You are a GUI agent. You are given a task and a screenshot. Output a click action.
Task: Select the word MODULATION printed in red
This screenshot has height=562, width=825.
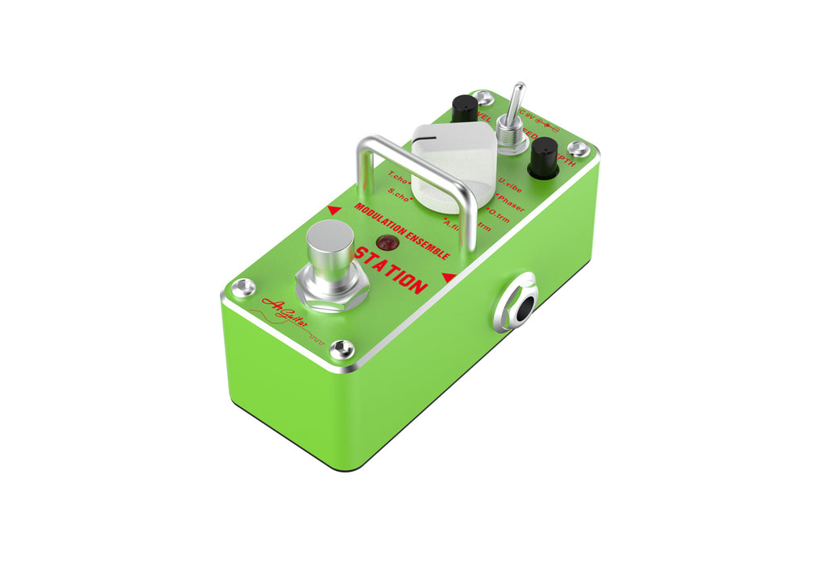pos(381,220)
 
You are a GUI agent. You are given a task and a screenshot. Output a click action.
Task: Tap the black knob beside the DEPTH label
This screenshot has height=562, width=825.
pos(545,156)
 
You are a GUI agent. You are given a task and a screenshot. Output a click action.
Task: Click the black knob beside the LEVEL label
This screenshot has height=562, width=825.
pos(464,108)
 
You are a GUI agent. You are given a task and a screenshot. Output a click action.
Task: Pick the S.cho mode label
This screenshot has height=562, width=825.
pos(400,194)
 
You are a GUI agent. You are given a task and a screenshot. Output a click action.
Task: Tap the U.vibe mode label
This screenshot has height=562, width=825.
pos(510,184)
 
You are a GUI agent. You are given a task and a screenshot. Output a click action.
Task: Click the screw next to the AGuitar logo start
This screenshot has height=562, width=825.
pos(243,287)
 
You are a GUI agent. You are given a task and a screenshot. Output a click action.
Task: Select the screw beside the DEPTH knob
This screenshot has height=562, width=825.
pos(578,148)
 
